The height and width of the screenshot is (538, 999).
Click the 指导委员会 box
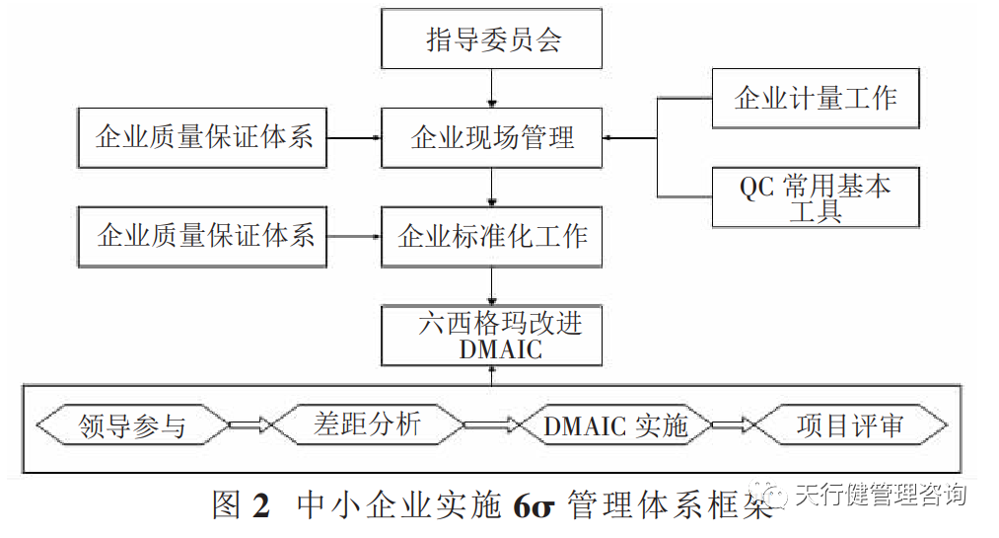point(492,41)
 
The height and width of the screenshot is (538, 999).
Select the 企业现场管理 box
point(492,137)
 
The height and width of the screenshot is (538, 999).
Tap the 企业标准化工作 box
point(492,236)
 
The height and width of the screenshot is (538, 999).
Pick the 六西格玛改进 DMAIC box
point(492,336)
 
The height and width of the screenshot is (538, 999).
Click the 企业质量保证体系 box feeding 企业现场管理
point(202,137)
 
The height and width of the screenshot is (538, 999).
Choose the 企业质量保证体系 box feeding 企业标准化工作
point(202,236)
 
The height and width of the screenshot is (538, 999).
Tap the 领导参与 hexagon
point(131,425)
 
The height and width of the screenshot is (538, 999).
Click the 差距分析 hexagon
point(367,425)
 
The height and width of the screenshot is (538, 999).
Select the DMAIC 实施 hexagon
point(614,425)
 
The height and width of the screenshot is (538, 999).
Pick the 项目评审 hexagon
point(849,425)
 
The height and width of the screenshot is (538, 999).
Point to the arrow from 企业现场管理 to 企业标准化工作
point(492,187)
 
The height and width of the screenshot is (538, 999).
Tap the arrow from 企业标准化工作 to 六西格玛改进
point(492,286)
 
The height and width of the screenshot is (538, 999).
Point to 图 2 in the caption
point(241,504)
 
